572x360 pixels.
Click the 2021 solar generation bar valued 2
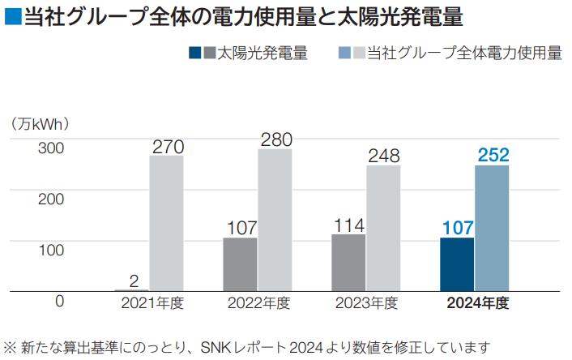point(132,289)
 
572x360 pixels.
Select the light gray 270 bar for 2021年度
point(166,223)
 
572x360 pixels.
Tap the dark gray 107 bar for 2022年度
point(240,264)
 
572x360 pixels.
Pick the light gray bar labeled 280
point(275,220)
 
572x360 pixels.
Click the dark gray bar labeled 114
point(348,262)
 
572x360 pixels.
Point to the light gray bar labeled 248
point(383,228)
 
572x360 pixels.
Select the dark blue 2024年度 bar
point(457,264)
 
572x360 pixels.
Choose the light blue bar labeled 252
point(492,227)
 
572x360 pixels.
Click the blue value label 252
point(493,155)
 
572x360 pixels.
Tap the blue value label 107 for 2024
point(458,227)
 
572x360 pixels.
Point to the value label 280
point(275,139)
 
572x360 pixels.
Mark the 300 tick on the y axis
point(50,149)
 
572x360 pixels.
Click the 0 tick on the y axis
point(59,302)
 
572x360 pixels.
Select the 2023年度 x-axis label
point(366,304)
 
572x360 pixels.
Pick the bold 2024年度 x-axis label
point(477,304)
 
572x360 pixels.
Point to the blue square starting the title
point(12,17)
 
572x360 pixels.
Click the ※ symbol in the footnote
point(11,346)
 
